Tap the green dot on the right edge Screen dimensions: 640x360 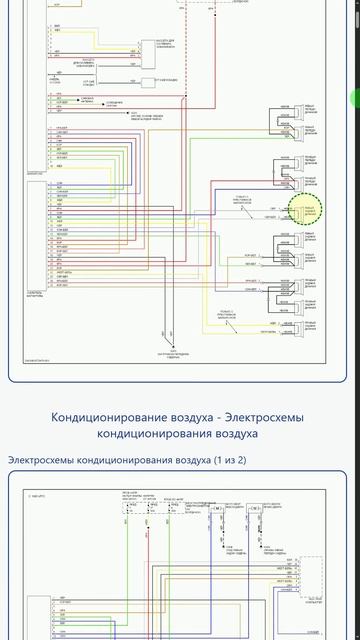355,98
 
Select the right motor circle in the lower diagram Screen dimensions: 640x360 256,509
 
